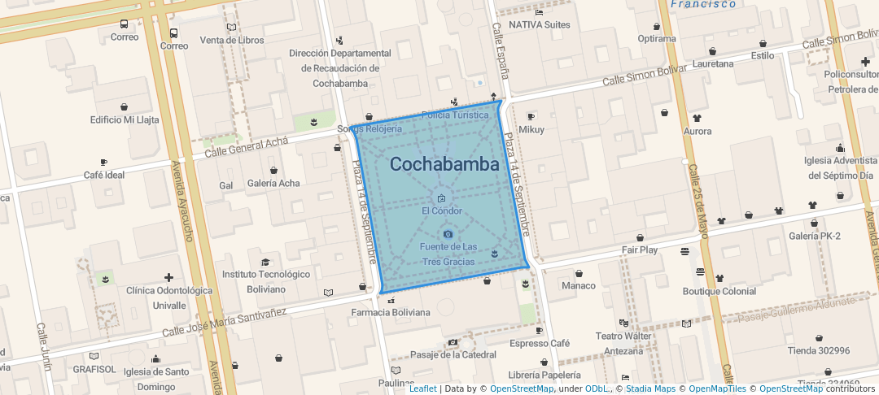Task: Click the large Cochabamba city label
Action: point(444,164)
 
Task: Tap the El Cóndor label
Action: point(441,211)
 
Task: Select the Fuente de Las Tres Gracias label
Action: point(448,254)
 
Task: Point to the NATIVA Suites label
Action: point(539,24)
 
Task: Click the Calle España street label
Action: point(500,50)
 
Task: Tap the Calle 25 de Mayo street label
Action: point(699,196)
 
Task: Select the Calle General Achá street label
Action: point(247,147)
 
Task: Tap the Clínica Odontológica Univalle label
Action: point(169,297)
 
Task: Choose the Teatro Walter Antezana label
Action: point(624,343)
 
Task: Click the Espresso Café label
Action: point(540,343)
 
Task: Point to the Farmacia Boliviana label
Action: point(391,312)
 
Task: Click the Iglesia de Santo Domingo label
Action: point(155,379)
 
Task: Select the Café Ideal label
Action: point(104,175)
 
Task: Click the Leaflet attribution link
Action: point(422,388)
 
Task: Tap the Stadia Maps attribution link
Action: point(650,388)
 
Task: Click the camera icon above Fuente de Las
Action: point(448,234)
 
